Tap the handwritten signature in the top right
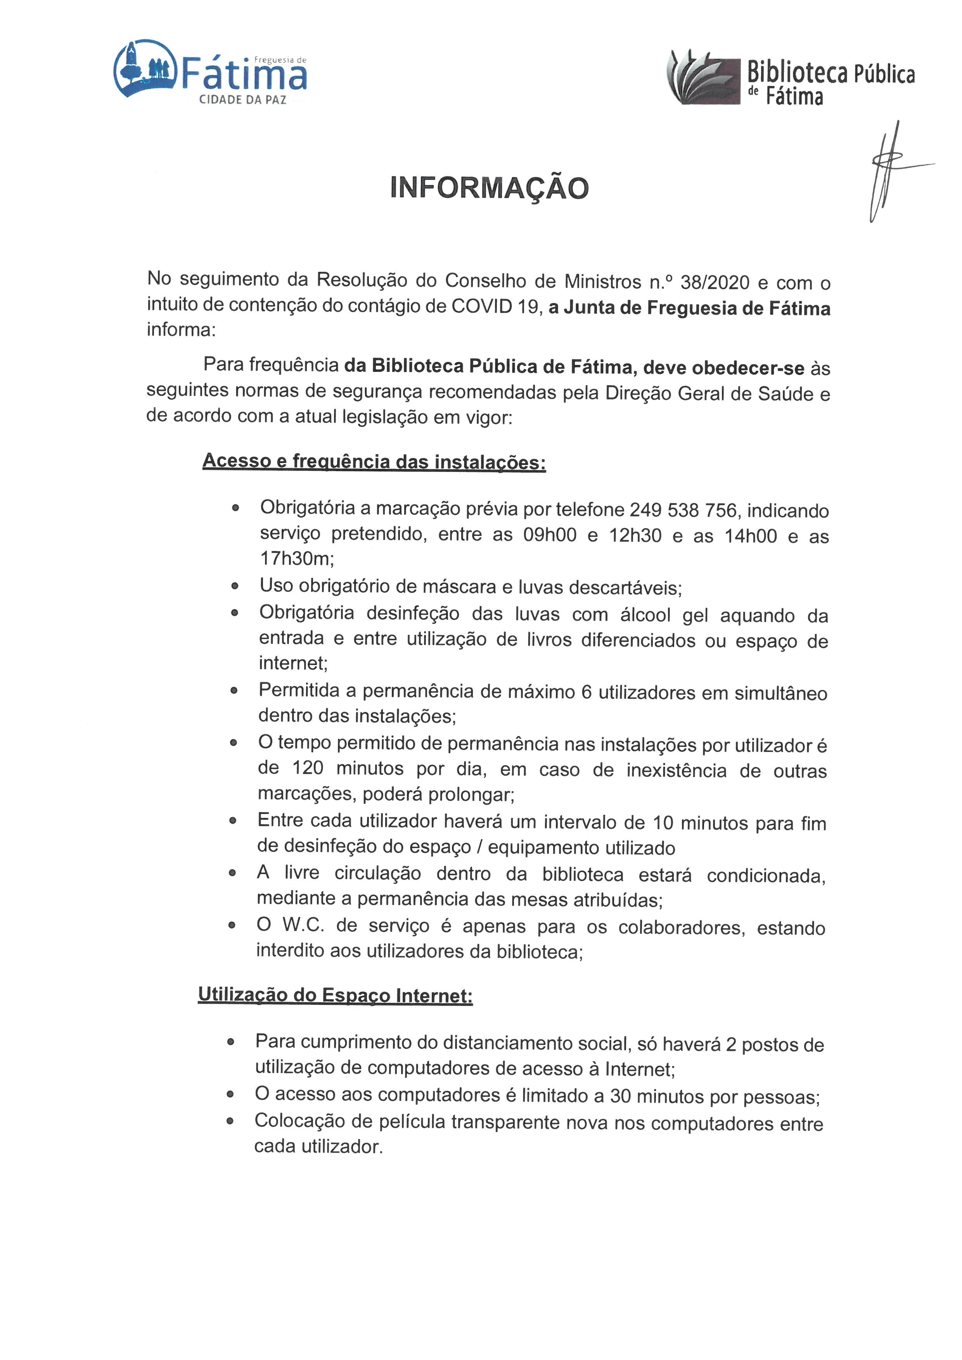[x=889, y=169]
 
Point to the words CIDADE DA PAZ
[x=242, y=100]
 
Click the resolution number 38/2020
[x=716, y=283]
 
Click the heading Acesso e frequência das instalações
[x=374, y=461]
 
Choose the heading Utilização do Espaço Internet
[x=335, y=995]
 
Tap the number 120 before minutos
[x=308, y=768]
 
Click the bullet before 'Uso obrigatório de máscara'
[x=235, y=586]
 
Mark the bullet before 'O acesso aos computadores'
[x=230, y=1095]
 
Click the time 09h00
[x=550, y=535]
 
